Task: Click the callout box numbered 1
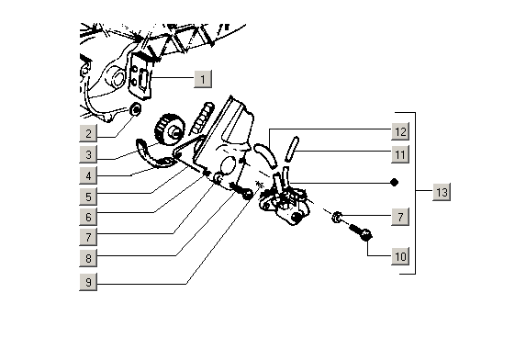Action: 203,80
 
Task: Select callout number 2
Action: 88,133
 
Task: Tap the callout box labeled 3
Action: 88,154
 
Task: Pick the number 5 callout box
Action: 88,197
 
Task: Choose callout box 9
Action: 88,282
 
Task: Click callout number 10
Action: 400,256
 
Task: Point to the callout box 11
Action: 400,154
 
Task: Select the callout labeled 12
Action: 400,131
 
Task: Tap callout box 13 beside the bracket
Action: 442,192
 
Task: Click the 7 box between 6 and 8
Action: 88,237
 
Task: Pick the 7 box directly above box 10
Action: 400,217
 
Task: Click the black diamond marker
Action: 395,183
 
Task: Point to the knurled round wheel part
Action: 170,129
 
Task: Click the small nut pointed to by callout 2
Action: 136,108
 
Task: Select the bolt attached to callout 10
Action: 361,232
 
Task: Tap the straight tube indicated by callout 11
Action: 292,149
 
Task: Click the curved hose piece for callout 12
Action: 265,155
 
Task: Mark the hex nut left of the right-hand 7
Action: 337,217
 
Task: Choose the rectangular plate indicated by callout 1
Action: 140,76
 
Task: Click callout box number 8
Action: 88,258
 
